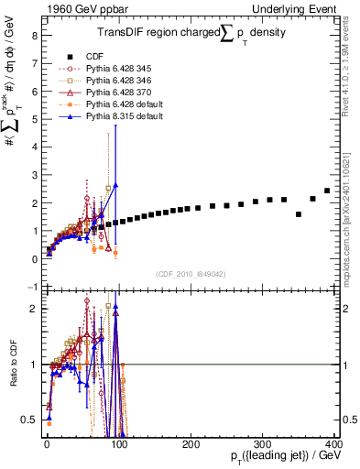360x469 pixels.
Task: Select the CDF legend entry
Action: coord(100,56)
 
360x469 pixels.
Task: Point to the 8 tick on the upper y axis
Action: coord(33,37)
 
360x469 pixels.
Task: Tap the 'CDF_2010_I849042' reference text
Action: coord(191,274)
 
